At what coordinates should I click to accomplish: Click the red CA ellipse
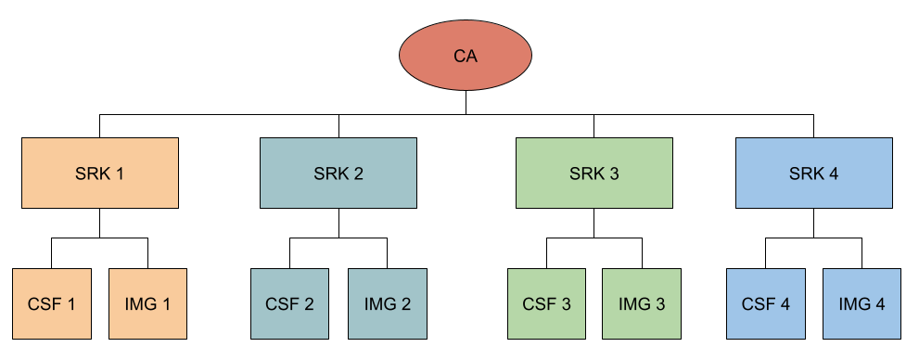[x=466, y=56]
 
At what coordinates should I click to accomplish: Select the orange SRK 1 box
[x=100, y=173]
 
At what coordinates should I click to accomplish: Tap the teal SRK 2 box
[x=338, y=173]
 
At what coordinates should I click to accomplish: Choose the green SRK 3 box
[x=594, y=173]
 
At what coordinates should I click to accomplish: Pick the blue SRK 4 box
[x=814, y=173]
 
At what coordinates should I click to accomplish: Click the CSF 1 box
[x=52, y=303]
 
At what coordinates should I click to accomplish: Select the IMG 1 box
[x=148, y=303]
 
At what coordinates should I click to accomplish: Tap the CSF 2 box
[x=290, y=303]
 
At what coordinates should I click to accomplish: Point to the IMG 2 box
[x=388, y=303]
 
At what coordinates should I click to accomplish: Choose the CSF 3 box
[x=547, y=303]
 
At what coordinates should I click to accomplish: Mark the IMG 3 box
[x=642, y=303]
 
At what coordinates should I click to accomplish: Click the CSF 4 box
[x=766, y=303]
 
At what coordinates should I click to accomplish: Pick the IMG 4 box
[x=862, y=303]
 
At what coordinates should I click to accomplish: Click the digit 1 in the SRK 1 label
[x=120, y=174]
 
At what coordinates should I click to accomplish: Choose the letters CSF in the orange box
[x=45, y=304]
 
